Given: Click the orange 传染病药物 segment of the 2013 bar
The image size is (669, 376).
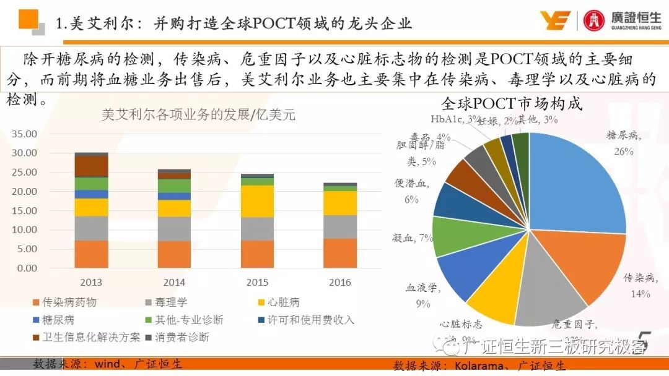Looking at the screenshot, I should pyautogui.click(x=91, y=254).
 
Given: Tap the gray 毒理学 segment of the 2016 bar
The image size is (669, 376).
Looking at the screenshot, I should pyautogui.click(x=340, y=227).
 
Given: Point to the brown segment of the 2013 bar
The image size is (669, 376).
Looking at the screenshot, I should pyautogui.click(x=91, y=166).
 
